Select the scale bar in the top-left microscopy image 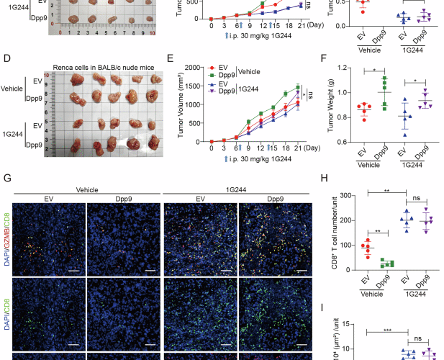tap(72, 271)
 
